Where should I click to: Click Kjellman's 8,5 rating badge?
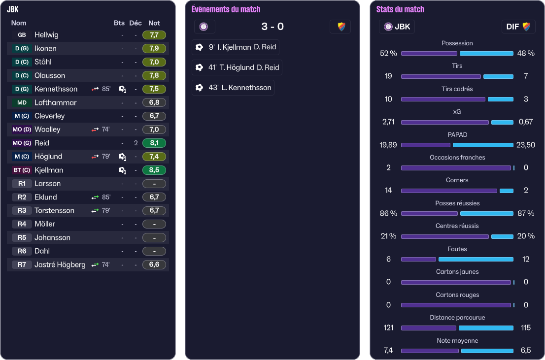(154, 170)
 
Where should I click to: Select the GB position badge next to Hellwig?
(22, 35)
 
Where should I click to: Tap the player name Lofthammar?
(55, 102)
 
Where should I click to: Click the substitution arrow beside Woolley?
(95, 130)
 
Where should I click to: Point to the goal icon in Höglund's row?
(122, 157)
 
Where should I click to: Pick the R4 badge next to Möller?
(22, 224)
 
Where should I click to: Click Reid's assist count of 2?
(136, 143)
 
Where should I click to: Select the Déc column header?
(136, 23)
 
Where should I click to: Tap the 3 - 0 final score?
(272, 27)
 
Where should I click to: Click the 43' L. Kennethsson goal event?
(233, 88)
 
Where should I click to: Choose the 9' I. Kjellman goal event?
(235, 47)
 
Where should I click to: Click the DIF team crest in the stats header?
(526, 27)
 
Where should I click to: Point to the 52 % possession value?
(388, 53)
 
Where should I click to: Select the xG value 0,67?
(525, 122)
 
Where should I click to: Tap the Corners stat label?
(457, 180)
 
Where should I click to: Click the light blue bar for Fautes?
(476, 259)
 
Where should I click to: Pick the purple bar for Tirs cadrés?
(443, 99)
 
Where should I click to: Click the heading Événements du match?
(226, 9)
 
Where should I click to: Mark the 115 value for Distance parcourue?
(525, 327)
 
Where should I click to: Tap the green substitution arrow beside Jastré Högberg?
(95, 264)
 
